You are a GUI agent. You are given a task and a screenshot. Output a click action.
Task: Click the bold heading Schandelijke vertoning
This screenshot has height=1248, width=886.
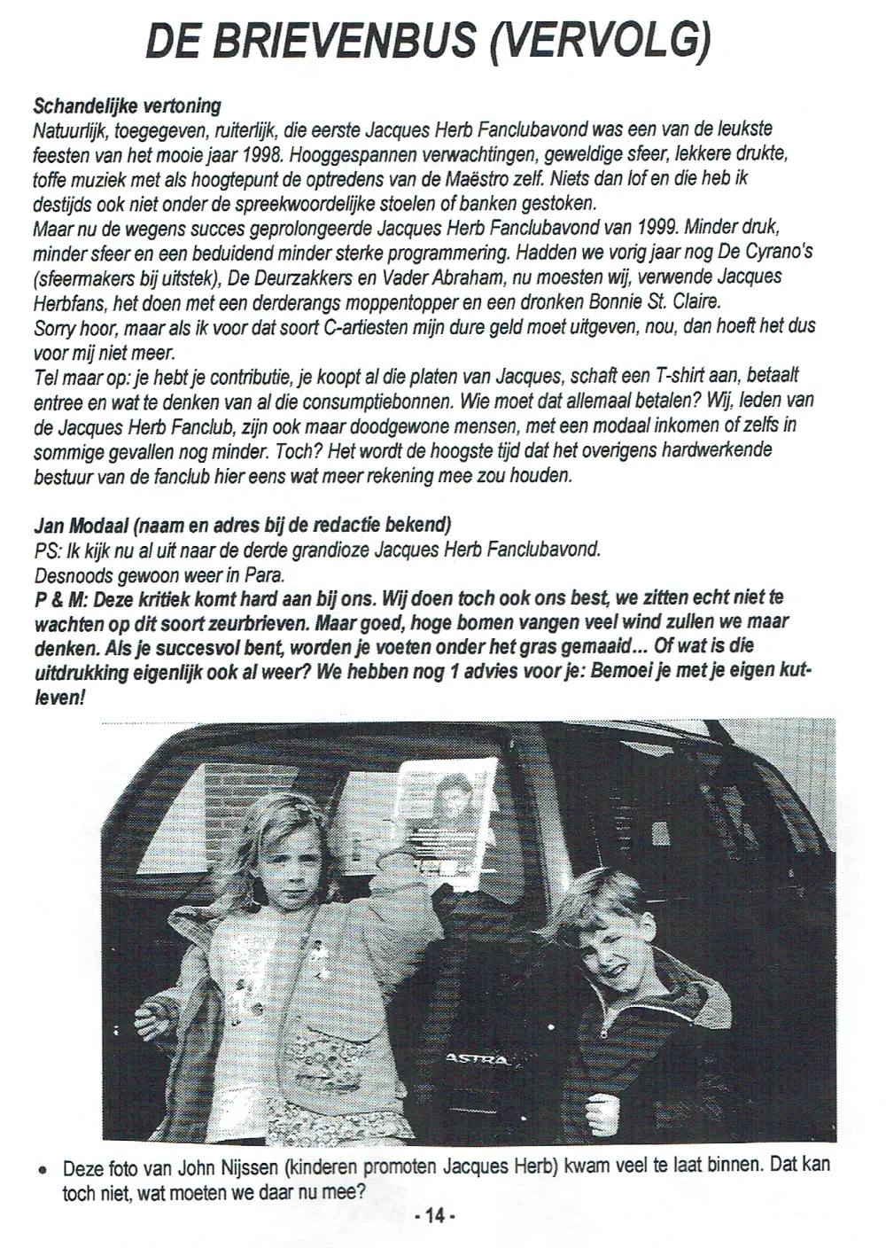pyautogui.click(x=127, y=106)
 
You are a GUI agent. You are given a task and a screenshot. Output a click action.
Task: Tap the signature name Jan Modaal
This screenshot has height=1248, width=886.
pyautogui.click(x=78, y=524)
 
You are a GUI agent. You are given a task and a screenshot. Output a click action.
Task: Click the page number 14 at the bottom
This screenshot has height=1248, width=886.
pyautogui.click(x=434, y=1217)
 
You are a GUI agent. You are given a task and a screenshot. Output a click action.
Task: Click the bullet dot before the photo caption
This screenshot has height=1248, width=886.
pyautogui.click(x=42, y=1170)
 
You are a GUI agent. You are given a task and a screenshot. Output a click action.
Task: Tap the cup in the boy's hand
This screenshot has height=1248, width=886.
pyautogui.click(x=605, y=1109)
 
